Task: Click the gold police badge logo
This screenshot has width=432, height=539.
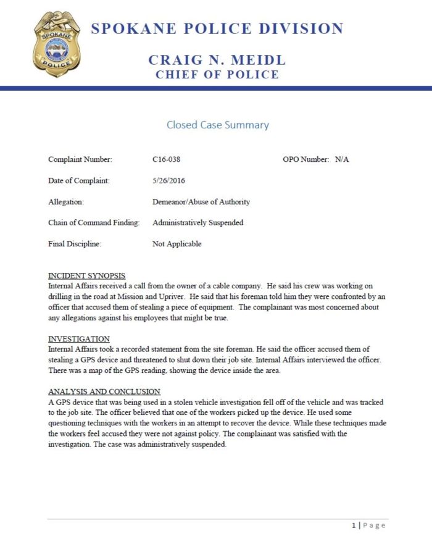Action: click(56, 44)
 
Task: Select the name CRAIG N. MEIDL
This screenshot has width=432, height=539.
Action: click(217, 61)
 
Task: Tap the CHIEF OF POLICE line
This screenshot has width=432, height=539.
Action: click(217, 75)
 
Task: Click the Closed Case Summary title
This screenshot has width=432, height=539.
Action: click(217, 125)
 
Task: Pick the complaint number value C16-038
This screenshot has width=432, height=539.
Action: click(166, 160)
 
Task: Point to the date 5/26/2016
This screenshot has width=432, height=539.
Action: click(168, 181)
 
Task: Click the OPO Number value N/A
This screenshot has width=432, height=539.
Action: click(342, 160)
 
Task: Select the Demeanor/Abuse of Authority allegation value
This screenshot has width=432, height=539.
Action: click(201, 202)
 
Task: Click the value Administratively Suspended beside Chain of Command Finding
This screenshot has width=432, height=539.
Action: click(197, 223)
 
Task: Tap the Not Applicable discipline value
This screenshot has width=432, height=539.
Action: click(177, 244)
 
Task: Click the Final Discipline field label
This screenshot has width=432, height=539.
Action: click(75, 244)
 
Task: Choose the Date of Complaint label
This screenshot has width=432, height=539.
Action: click(78, 181)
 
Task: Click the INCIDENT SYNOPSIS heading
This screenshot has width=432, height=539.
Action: click(86, 275)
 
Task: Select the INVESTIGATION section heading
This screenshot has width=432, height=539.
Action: click(79, 338)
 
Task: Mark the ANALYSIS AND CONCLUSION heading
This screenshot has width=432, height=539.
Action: click(104, 391)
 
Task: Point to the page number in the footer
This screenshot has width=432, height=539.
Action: click(354, 525)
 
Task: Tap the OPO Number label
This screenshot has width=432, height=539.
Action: click(305, 160)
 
